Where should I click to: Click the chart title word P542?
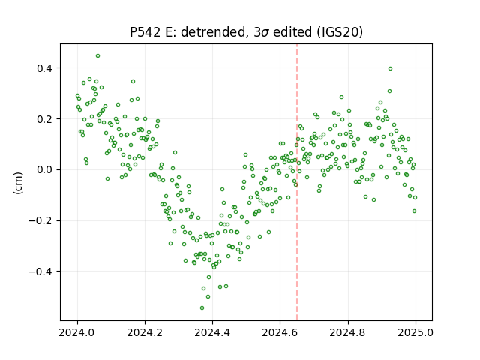click(145, 32)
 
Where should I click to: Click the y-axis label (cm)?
click(18, 183)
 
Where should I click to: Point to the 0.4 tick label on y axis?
click(44, 68)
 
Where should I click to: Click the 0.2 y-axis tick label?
click(44, 118)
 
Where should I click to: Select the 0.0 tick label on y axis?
click(44, 169)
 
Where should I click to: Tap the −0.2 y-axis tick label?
click(40, 220)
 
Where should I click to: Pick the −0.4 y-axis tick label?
click(40, 271)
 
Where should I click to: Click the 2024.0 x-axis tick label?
click(77, 332)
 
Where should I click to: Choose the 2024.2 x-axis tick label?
click(145, 332)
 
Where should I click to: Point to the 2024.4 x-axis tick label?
click(212, 332)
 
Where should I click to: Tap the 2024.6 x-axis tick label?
click(280, 332)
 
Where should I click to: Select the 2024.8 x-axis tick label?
click(348, 332)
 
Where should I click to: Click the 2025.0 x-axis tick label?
click(415, 332)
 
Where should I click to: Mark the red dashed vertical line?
click(297, 182)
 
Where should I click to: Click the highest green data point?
click(98, 56)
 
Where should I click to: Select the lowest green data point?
click(202, 307)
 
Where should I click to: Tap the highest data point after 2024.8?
click(390, 68)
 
